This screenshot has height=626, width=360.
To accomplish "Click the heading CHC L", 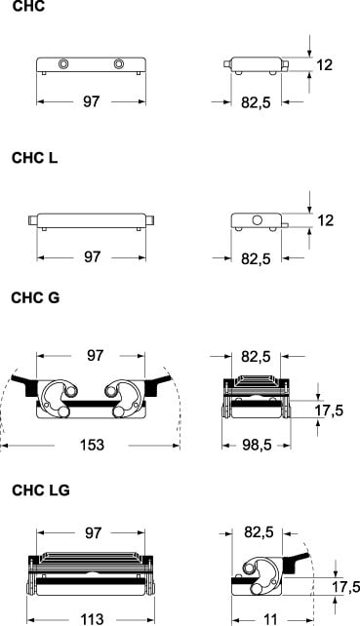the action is pos(35,158).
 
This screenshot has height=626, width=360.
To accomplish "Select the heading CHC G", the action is pos(35,297).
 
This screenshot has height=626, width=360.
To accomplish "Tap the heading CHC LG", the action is pos(41,489).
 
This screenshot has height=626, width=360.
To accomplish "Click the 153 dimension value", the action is pos(92,445).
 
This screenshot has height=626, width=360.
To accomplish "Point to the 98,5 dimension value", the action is pos(257,445).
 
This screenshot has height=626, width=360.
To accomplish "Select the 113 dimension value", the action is pos(93,619).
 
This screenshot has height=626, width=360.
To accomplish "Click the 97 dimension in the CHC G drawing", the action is pos(95,355).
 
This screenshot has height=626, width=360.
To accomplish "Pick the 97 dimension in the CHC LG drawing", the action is pos(93,533).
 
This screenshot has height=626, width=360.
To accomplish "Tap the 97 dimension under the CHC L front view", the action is pos(93,256).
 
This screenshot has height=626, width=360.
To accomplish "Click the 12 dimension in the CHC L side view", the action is pos(326,220).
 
